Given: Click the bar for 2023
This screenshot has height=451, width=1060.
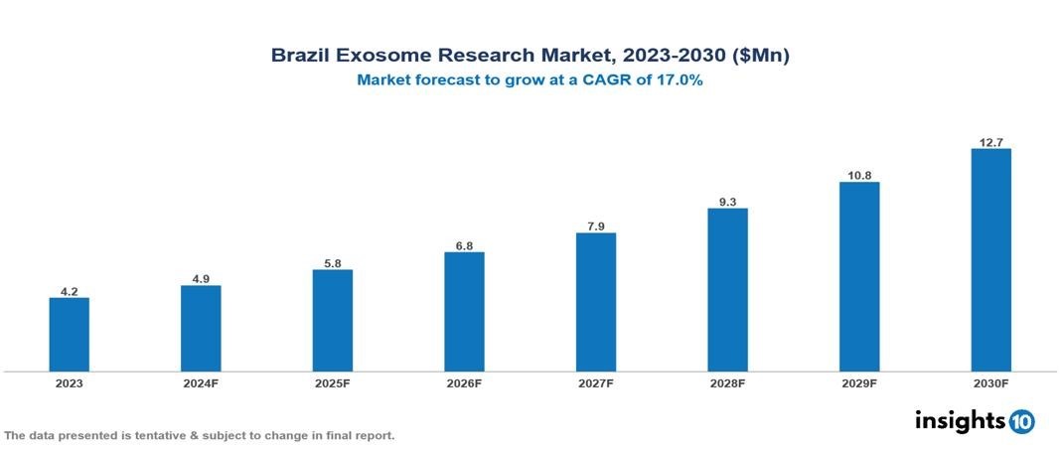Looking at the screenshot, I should pos(70,335).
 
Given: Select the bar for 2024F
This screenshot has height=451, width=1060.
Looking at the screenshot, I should pos(201,329).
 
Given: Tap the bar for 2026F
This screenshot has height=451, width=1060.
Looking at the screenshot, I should pos(464,312).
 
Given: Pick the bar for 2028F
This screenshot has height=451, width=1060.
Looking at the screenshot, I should pos(727,290).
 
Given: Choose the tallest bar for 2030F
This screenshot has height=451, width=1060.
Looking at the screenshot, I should pos(990,260).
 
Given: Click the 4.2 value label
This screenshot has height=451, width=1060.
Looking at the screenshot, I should pos(70,291).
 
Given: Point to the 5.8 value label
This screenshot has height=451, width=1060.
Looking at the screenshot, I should pos(333,263).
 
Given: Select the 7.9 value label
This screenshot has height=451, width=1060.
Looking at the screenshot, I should pos(596,226).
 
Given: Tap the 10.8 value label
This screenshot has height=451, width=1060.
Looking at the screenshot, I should pos(859,175).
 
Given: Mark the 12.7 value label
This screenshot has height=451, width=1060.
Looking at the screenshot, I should pos(990,142).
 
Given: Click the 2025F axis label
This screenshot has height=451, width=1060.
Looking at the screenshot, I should pos(333,382).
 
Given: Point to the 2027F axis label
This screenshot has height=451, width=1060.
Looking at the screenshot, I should pos(596,382).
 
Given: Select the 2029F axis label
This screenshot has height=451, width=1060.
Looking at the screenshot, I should pos(859,382).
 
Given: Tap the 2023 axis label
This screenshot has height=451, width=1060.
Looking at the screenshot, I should pos(70,382).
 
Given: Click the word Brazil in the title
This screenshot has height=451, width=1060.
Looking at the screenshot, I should pos(302,56).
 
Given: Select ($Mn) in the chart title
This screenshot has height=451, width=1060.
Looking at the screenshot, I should pos(760,56).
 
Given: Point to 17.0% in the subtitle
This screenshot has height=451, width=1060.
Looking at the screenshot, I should pos(680,81).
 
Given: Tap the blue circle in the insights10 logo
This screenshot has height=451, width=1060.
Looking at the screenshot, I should pos(1021,422).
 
